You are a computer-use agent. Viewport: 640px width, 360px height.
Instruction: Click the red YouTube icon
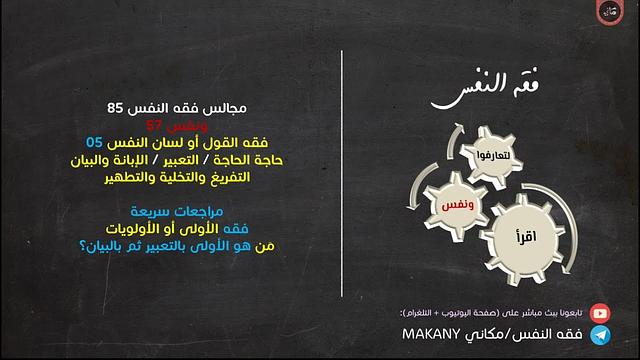click(x=599, y=313)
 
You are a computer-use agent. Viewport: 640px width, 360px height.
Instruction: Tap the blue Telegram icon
click(x=600, y=336)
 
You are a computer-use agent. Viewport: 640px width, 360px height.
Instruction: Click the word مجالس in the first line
click(x=223, y=108)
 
